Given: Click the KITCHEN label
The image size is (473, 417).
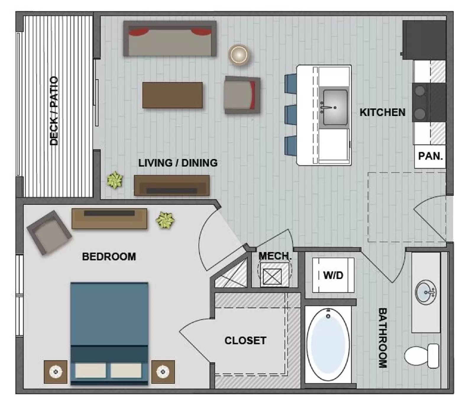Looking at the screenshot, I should coord(382,112).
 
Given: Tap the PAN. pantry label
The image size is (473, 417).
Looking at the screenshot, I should coord(430,156).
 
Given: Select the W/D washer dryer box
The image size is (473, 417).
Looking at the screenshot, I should coord(333,275).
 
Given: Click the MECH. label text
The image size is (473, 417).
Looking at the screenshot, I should coord(275,256).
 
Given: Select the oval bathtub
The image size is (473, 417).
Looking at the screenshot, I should coord(328,345).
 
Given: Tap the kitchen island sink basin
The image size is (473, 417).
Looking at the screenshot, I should coord(335,107).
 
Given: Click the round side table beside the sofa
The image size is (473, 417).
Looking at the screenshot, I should coord(239,55).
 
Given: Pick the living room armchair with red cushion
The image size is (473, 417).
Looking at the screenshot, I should coord(242,95).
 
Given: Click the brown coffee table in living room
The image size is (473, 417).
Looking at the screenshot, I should coord(172,95).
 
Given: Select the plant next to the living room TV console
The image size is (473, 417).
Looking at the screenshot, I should coord(115,180).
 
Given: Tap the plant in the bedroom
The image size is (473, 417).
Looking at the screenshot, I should coord(165,220).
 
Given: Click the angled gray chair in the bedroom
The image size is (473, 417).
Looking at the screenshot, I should coord(49,232).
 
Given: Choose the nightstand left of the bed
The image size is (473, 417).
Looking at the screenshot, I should coord(56,372).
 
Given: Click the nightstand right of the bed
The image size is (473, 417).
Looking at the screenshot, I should coord(163,372).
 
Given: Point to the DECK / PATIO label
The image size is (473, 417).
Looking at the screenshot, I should coord(54,111).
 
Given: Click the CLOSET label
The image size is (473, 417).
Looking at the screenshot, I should coord(245,340).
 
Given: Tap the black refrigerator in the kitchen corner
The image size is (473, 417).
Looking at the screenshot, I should coord(424,40).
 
